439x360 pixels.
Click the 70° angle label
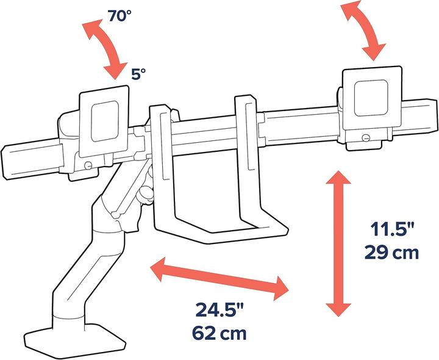pyautogui.click(x=120, y=16)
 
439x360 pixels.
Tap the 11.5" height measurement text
pyautogui.click(x=393, y=231)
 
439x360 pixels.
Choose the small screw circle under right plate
pyautogui.click(x=366, y=137)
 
